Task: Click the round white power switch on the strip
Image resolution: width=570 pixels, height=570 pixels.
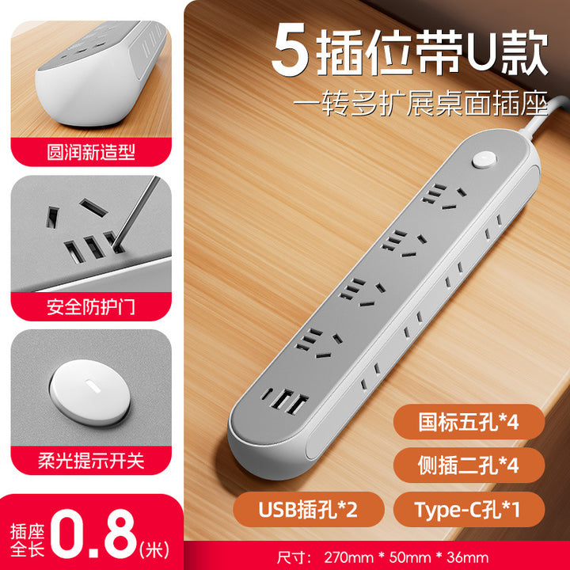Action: (484, 160)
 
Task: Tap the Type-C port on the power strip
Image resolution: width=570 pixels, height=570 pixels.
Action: (267, 393)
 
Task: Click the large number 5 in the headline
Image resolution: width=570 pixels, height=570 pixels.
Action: (291, 50)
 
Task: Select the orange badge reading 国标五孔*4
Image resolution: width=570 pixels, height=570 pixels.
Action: (469, 422)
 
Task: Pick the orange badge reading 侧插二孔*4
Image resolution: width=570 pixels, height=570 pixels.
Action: (469, 465)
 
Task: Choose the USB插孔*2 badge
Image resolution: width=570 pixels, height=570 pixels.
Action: (308, 509)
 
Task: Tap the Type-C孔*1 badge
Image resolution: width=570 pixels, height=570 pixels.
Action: (469, 509)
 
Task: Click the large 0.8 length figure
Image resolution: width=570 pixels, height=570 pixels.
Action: (93, 534)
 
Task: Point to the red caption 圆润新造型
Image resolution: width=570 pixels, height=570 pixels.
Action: (91, 152)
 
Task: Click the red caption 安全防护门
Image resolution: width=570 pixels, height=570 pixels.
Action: (91, 307)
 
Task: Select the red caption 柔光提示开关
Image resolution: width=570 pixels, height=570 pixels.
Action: (91, 461)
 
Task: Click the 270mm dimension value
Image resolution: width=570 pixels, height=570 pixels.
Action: (348, 557)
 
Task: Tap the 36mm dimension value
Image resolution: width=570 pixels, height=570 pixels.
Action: (468, 557)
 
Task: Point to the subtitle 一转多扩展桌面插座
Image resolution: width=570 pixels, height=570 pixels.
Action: (420, 104)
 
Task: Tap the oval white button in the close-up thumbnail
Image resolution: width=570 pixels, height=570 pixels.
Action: (90, 393)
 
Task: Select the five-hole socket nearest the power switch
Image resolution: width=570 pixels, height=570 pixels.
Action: (444, 197)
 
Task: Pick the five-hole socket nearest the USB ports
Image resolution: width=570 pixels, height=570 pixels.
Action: (319, 343)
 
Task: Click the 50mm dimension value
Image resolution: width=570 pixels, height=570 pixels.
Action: (410, 557)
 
